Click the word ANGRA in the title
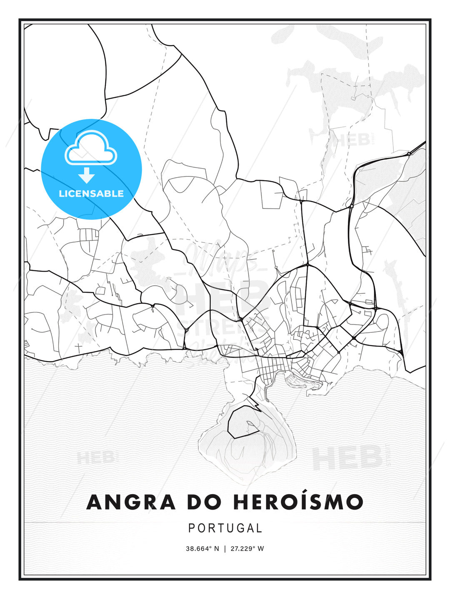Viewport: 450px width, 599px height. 131,502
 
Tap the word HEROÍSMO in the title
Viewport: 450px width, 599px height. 298,502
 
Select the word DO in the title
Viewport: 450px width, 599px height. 204,502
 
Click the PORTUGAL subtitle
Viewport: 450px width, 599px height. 225,528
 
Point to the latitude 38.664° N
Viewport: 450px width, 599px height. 202,549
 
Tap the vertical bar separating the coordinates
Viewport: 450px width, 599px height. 225,549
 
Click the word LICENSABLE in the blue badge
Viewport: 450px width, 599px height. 91,193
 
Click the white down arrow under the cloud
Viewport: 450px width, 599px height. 87,175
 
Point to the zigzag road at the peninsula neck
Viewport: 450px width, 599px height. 254,403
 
